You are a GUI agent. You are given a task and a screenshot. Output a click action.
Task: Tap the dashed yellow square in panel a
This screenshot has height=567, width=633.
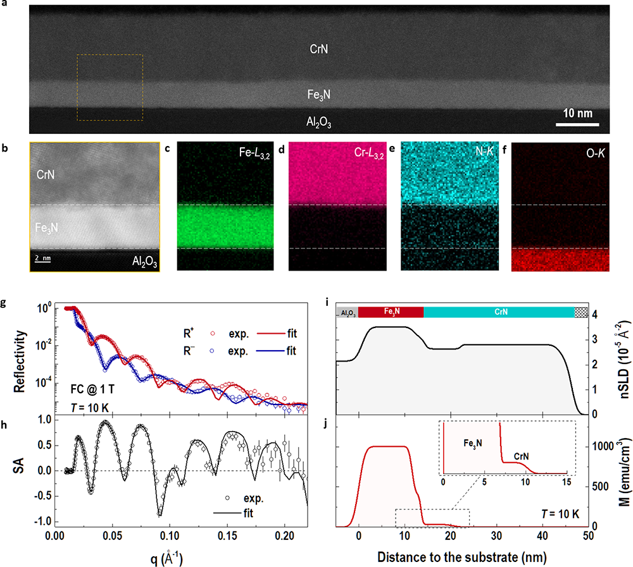tap(110, 87)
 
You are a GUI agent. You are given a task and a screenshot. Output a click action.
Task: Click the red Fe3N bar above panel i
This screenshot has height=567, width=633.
tap(391, 312)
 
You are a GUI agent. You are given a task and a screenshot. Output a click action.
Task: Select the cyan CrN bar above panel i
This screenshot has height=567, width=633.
tap(498, 312)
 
